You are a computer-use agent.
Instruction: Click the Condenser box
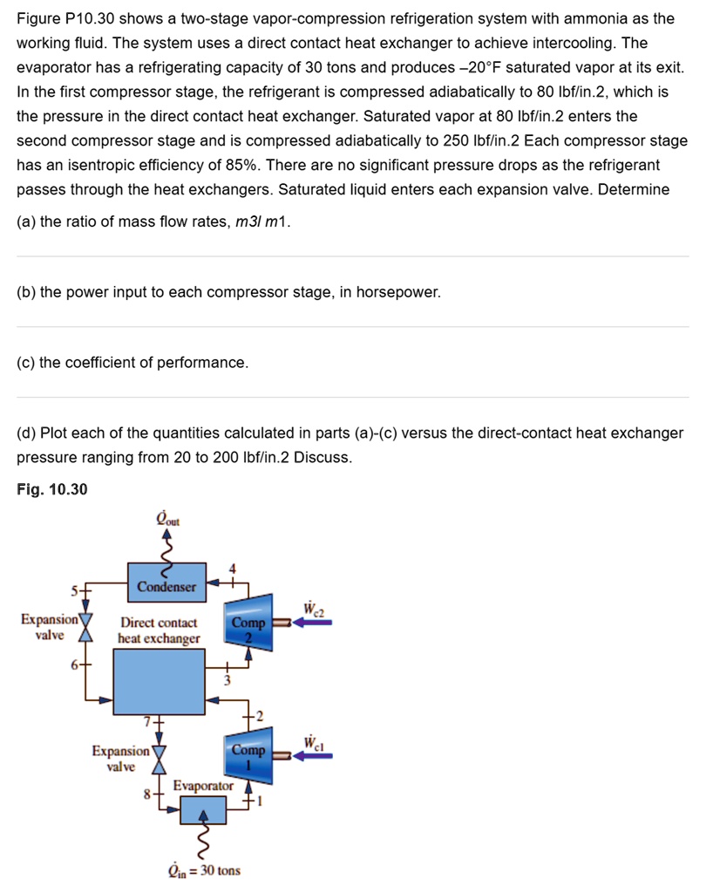click(x=166, y=586)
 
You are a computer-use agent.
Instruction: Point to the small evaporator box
click(x=203, y=810)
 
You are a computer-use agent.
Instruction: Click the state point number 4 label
click(x=231, y=570)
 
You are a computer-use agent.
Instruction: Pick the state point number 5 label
click(x=75, y=589)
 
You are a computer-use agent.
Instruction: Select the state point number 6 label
click(x=75, y=664)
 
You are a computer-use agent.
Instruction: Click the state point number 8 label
click(x=148, y=794)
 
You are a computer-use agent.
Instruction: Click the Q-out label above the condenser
click(x=166, y=520)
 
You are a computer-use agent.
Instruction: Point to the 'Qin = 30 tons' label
click(x=204, y=870)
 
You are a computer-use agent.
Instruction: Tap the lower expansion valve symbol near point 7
click(x=159, y=759)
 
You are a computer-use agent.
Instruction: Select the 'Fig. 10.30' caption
click(x=52, y=490)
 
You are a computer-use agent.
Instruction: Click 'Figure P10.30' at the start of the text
click(x=66, y=18)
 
